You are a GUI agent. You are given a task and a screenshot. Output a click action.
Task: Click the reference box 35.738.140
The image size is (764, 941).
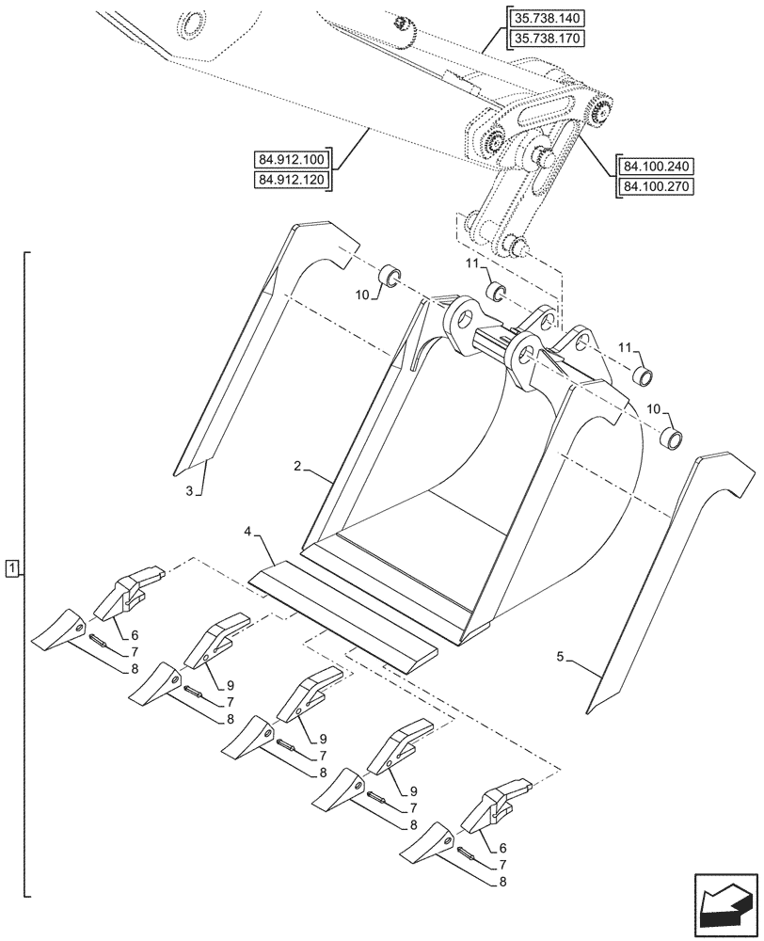pyautogui.click(x=546, y=19)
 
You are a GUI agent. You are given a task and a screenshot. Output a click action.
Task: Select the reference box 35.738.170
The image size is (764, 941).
pyautogui.click(x=546, y=39)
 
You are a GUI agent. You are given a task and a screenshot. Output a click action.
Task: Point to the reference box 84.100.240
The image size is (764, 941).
pyautogui.click(x=656, y=167)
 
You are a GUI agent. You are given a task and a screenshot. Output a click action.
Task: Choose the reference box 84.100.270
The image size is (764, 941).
pyautogui.click(x=656, y=186)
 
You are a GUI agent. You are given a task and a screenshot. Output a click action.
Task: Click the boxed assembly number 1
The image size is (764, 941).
pyautogui.click(x=10, y=567)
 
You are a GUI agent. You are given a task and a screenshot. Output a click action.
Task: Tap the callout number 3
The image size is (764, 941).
pyautogui.click(x=189, y=491)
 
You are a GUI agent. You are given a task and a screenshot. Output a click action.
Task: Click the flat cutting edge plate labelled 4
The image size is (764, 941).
pyautogui.click(x=343, y=616)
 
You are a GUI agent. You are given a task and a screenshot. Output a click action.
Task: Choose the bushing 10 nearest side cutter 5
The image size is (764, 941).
pyautogui.click(x=670, y=438)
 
